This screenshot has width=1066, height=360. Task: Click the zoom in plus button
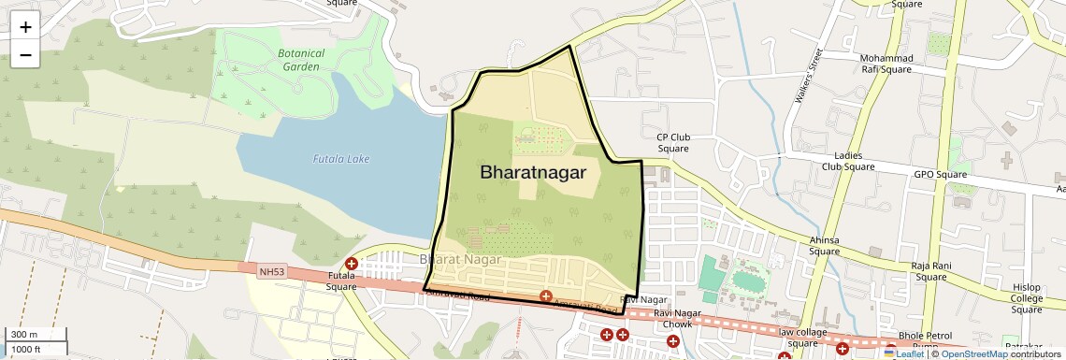25,27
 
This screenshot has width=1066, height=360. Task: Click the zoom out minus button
25,55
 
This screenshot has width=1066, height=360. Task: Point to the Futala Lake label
341,159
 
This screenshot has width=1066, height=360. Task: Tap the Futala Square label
342,281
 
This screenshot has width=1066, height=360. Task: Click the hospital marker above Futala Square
352,263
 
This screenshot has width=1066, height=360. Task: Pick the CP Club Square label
673,142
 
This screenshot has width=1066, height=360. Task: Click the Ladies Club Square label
847,160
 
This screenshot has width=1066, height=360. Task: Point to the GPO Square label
940,174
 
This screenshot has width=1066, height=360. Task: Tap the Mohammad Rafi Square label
886,64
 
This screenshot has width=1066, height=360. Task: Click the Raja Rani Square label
931,271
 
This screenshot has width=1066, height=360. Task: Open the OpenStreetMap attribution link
973,353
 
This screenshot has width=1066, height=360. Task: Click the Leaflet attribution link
903,353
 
